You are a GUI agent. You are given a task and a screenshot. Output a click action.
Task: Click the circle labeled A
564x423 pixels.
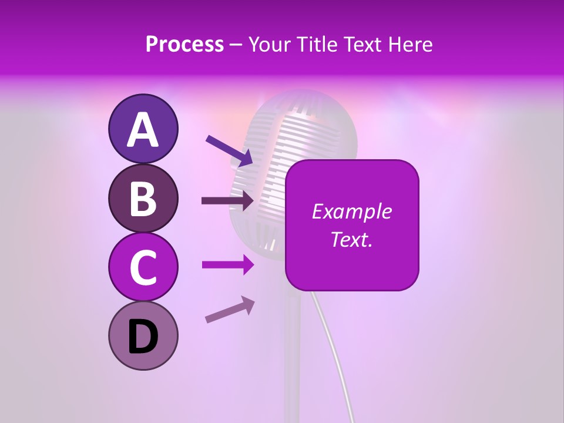(x=143, y=129)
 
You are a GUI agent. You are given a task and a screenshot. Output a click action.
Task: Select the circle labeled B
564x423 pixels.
(x=143, y=197)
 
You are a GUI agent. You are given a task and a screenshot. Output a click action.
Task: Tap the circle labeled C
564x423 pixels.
(x=143, y=266)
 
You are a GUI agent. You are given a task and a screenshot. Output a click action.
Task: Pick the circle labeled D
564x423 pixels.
(x=143, y=335)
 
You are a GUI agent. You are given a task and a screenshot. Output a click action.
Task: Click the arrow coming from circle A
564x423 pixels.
(x=229, y=150)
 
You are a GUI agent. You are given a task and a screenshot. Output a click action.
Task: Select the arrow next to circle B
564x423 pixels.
(x=228, y=201)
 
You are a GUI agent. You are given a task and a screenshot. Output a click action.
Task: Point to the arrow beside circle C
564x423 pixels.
(x=228, y=266)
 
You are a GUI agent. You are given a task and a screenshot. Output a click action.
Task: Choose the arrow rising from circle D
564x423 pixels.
(x=230, y=310)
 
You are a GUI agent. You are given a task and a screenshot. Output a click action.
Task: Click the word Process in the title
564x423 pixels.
(x=184, y=45)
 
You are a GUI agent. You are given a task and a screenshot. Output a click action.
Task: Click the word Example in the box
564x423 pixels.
(x=351, y=211)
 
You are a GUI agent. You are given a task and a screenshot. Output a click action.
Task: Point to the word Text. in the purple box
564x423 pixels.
(x=351, y=239)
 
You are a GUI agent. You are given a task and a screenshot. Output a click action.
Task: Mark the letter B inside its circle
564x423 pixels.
(x=143, y=198)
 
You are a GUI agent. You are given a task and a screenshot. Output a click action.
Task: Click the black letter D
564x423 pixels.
(x=143, y=337)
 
